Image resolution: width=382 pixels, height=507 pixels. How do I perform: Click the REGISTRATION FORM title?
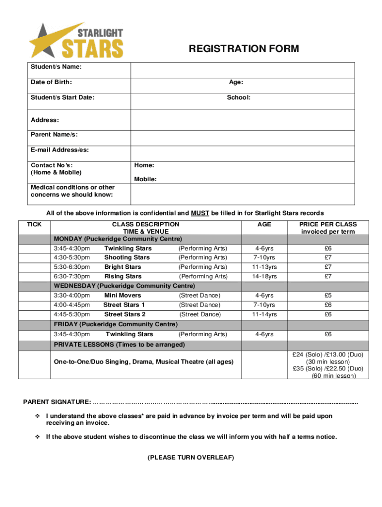[244, 49]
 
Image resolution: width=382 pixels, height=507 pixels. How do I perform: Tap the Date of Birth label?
[51, 82]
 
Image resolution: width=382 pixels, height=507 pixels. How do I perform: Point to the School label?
[239, 98]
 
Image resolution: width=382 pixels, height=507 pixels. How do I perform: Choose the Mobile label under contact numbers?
[145, 179]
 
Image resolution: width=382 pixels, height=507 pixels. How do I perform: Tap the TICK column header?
[34, 224]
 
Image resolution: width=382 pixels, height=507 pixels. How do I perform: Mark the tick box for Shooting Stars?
[34, 257]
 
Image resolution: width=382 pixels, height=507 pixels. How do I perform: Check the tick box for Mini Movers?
[34, 296]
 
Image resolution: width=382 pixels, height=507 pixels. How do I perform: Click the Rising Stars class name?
[123, 277]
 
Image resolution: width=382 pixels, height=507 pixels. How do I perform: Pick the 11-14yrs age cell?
[264, 314]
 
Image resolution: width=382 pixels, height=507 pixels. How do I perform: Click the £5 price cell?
[328, 296]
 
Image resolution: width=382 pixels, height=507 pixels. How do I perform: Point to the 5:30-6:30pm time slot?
[72, 267]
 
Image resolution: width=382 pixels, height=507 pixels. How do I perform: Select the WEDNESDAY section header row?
[124, 286]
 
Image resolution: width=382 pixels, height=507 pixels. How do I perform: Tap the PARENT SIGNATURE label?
[57, 401]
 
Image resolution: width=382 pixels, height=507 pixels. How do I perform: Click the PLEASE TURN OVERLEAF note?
[191, 457]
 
